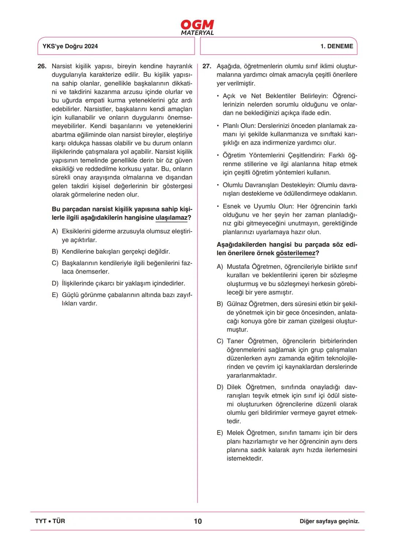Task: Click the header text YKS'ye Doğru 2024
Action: pos(70,46)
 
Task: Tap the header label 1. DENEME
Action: pos(336,46)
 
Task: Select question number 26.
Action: pos(42,66)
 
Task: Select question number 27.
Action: pos(207,66)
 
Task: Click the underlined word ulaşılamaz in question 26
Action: pos(171,218)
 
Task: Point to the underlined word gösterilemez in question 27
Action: pos(296,254)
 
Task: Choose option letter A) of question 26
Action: pos(55,232)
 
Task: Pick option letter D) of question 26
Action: pos(55,283)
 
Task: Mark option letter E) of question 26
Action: pos(55,295)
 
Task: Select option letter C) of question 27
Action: pos(220,341)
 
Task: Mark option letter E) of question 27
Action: pos(220,433)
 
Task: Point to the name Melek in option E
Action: pos(235,433)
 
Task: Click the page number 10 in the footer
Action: pos(197,521)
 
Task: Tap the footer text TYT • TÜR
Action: pos(50,521)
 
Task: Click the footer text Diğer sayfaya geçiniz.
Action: pos(329,522)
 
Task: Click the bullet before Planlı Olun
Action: pos(218,126)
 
